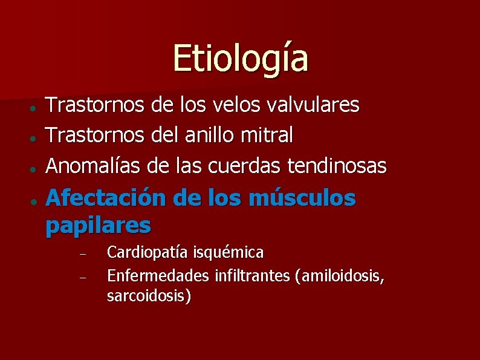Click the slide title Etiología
[x=240, y=58]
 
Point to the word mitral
[x=271, y=135]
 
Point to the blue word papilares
[x=98, y=225]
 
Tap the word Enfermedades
[x=158, y=277]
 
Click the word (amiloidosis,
[x=340, y=277]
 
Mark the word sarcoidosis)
[x=149, y=296]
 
